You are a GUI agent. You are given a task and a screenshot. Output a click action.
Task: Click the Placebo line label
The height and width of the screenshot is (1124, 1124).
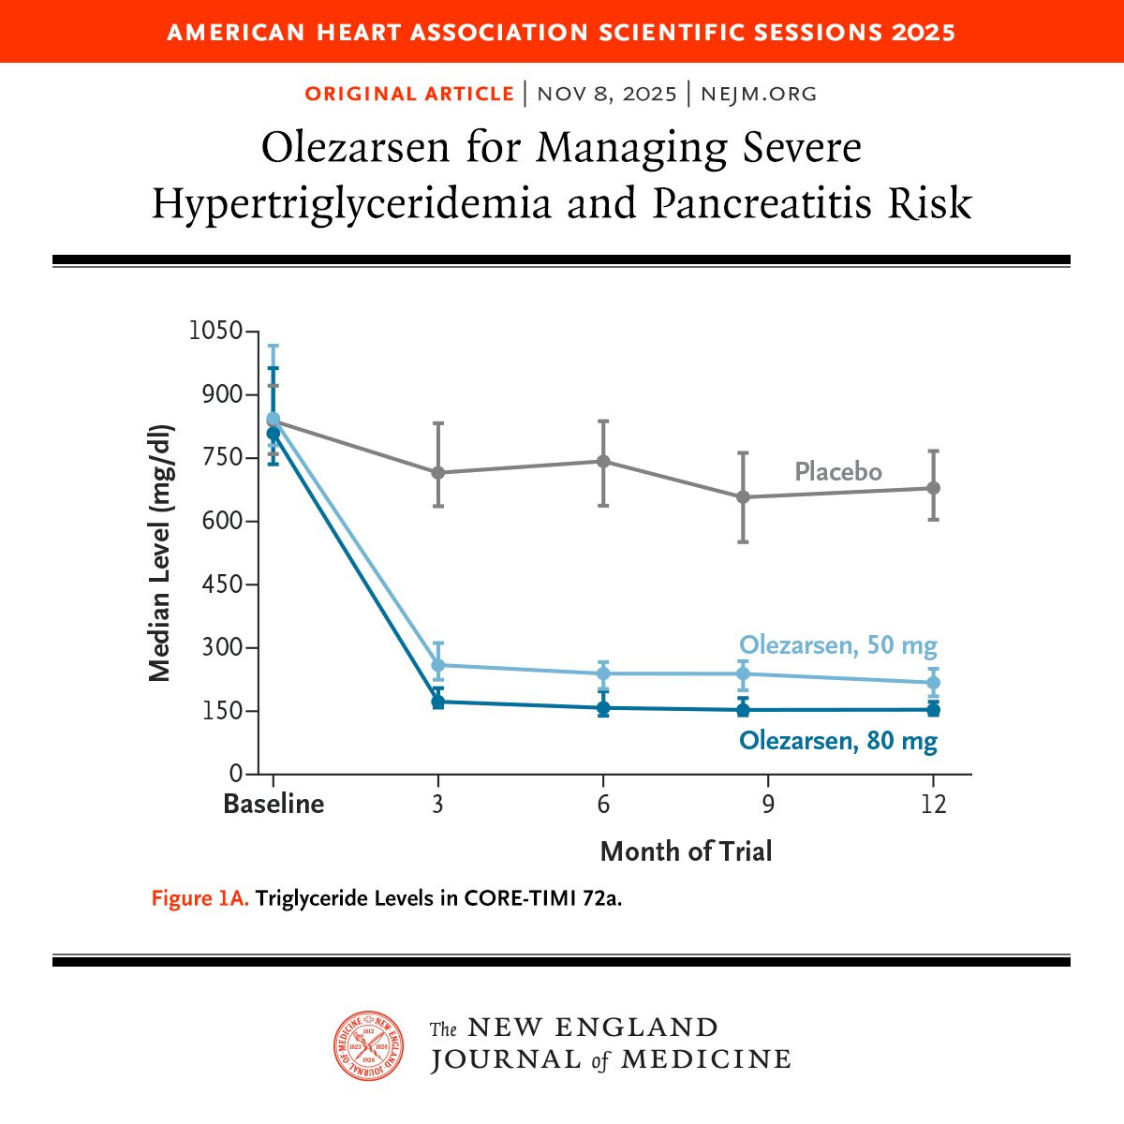tap(837, 471)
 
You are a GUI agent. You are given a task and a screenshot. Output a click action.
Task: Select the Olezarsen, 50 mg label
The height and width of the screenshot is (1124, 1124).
tap(837, 645)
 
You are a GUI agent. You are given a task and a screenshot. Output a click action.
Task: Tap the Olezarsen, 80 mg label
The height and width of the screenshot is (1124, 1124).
tap(837, 741)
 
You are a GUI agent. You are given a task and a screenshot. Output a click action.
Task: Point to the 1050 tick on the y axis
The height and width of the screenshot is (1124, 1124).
tap(215, 331)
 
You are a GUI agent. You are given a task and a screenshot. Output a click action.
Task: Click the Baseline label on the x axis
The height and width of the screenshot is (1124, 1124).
tap(274, 805)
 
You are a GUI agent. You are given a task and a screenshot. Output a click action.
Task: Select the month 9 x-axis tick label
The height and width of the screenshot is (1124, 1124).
tap(768, 805)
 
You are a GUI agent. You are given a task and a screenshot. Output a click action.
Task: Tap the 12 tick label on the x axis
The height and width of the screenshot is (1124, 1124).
tap(933, 805)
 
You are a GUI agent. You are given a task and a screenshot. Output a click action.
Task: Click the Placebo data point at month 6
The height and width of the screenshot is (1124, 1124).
tap(603, 461)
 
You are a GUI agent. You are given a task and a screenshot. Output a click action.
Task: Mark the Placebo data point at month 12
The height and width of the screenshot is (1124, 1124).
tap(933, 488)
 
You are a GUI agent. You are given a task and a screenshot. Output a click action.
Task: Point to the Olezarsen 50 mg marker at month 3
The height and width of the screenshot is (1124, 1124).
tap(437, 665)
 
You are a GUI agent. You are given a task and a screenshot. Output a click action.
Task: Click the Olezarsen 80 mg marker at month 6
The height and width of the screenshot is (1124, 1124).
tap(603, 708)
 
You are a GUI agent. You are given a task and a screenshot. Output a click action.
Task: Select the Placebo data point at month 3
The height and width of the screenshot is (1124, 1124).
tap(437, 472)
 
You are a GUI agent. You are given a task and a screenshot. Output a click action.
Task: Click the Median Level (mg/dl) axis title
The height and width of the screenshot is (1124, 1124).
tap(160, 553)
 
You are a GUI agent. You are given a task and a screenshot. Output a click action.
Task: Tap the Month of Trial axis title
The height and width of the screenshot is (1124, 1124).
tap(686, 851)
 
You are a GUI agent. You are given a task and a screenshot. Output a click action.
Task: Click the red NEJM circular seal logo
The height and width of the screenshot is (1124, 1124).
tap(370, 1045)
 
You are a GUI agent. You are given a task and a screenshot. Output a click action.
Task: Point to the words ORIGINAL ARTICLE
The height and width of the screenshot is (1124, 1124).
tap(409, 94)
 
